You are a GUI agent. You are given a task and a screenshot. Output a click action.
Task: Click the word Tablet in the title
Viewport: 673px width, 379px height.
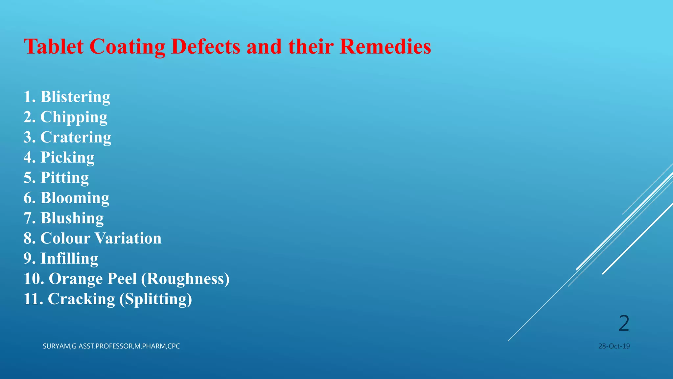pyautogui.click(x=54, y=46)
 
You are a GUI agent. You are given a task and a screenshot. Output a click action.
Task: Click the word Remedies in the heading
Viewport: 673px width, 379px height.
pyautogui.click(x=385, y=46)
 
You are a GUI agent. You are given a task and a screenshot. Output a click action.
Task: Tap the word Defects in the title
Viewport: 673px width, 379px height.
pyautogui.click(x=206, y=46)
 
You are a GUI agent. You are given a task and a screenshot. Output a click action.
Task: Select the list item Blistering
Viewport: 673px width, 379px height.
pyautogui.click(x=75, y=97)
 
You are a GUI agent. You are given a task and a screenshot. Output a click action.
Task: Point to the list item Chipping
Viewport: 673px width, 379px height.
pyautogui.click(x=74, y=117)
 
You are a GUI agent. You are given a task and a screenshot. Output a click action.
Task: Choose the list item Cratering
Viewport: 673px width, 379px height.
pyautogui.click(x=76, y=138)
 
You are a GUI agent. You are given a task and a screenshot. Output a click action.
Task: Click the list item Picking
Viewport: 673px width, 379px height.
pyautogui.click(x=67, y=158)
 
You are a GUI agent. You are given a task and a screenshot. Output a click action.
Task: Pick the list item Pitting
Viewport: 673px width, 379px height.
pyautogui.click(x=64, y=178)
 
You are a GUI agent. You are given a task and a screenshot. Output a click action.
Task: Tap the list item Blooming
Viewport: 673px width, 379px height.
pyautogui.click(x=75, y=198)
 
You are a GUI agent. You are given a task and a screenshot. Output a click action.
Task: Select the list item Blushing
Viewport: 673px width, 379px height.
pyautogui.click(x=72, y=218)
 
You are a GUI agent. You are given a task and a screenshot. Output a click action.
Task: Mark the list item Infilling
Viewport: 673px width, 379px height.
pyautogui.click(x=69, y=259)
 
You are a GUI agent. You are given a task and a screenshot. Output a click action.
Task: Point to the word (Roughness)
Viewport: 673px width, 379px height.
pyautogui.click(x=185, y=279)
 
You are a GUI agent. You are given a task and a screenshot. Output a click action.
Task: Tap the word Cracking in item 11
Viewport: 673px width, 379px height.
pyautogui.click(x=81, y=299)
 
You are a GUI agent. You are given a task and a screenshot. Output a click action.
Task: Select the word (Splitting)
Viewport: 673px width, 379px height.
pyautogui.click(x=155, y=299)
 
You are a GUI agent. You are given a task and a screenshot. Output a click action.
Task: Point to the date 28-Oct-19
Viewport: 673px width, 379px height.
pyautogui.click(x=614, y=346)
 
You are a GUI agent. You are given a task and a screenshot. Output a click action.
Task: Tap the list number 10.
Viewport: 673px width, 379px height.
pyautogui.click(x=34, y=279)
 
